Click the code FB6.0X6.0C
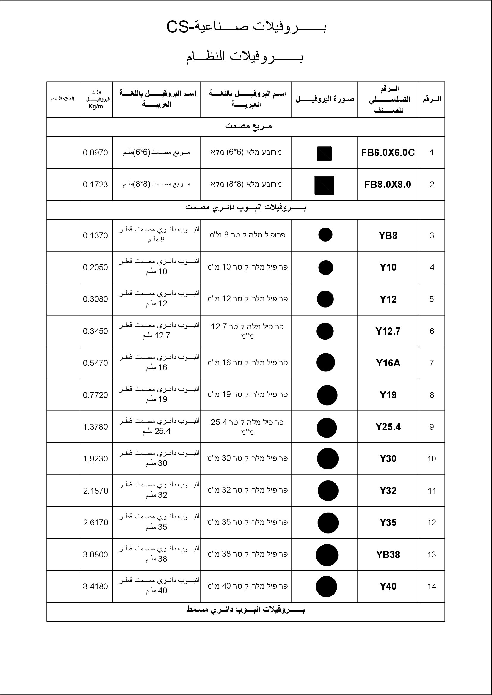point(388,152)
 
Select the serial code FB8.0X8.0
point(388,184)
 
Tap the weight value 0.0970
point(95,152)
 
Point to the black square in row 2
point(324,185)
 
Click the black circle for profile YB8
point(325,235)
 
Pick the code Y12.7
point(388,331)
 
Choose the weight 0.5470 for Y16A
point(95,363)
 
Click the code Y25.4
point(388,427)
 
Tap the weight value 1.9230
point(95,458)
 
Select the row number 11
point(432,491)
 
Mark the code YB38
point(388,554)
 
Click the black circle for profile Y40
point(326,587)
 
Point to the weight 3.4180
point(95,586)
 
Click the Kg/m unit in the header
point(95,107)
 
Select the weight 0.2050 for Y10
point(95,267)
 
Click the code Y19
point(388,395)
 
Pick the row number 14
point(432,586)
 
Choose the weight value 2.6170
point(95,522)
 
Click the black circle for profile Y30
point(328,459)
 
